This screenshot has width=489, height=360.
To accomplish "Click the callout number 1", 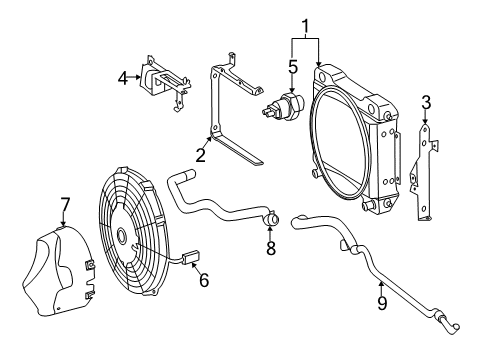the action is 305,27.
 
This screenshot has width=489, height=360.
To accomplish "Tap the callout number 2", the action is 200,155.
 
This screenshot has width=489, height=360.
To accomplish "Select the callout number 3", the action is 426,103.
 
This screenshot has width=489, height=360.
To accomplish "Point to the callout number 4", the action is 123,79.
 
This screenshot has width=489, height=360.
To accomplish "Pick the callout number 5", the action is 293,67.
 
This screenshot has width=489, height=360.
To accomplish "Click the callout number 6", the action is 204,280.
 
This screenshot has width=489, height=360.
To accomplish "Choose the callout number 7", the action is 65,205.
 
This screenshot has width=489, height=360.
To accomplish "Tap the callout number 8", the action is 271,248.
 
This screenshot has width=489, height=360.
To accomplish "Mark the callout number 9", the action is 382,303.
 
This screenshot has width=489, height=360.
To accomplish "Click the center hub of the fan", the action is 121,236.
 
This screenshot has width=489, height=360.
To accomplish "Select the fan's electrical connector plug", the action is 190,258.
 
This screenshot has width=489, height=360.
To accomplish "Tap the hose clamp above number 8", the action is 271,218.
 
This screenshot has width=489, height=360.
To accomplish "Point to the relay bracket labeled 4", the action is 164,82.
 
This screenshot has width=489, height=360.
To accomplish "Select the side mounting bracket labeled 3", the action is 424,172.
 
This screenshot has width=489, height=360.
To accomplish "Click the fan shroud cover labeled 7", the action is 57,271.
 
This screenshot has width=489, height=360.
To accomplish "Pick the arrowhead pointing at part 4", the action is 138,77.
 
